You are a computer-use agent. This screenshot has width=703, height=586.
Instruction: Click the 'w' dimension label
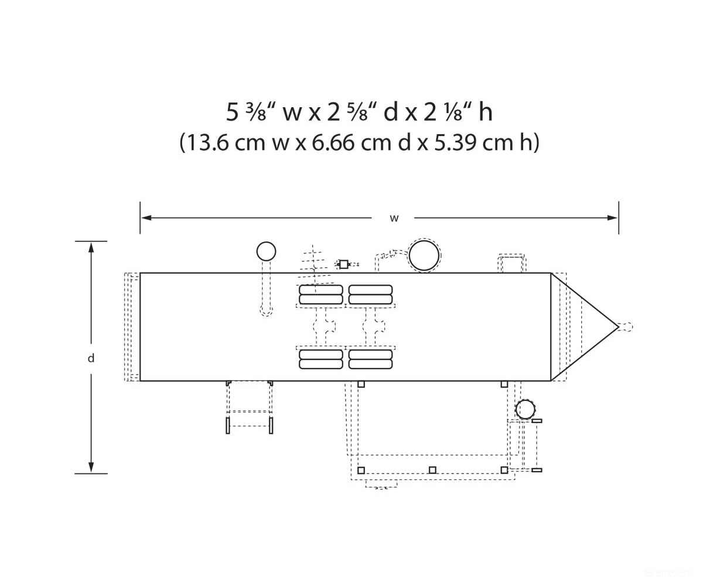pos(394,218)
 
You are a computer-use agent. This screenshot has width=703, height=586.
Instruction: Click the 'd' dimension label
pos(91,358)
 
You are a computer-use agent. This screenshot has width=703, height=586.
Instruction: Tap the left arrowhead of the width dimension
pos(146,218)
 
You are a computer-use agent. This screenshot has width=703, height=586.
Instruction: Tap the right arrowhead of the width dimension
pos(612,218)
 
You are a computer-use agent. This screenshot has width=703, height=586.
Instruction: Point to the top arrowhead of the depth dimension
pos(91,247)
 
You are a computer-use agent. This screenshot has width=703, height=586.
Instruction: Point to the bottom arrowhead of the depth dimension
pos(91,467)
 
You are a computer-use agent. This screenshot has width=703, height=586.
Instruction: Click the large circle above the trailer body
pos(424,255)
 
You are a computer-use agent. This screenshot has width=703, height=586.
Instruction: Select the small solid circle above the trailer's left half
pos(267,251)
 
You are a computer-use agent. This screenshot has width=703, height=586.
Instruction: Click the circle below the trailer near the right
pos(525,410)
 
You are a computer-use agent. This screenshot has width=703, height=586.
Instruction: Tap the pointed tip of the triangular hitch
pos(619,326)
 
